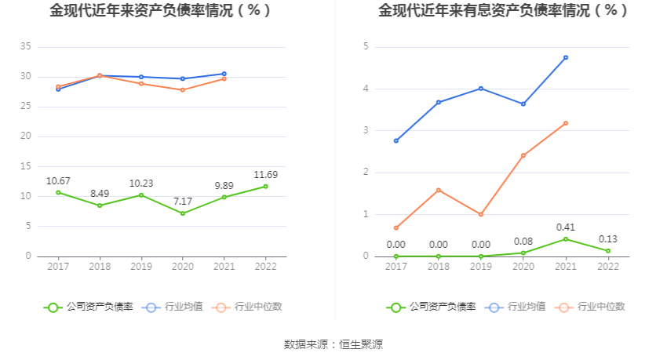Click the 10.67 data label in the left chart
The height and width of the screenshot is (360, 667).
(58, 180)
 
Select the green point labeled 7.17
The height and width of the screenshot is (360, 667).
(183, 213)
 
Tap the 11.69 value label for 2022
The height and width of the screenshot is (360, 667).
(265, 174)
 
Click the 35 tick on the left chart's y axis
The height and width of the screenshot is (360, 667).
(25, 47)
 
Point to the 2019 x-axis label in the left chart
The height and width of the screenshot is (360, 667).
(141, 267)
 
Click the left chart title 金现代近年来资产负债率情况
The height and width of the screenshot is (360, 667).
(160, 11)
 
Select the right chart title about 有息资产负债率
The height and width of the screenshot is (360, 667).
(502, 11)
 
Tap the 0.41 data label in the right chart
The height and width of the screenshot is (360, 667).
(566, 227)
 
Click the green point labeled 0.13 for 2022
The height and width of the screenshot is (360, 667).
(608, 251)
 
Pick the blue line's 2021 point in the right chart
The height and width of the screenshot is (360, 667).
(566, 57)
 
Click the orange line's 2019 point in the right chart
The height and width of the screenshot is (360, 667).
(481, 214)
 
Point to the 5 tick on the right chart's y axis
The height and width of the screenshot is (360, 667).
(366, 47)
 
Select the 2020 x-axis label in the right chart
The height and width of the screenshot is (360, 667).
(523, 267)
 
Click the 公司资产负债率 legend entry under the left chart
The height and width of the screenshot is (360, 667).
(89, 307)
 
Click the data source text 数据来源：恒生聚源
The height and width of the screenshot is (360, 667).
(333, 344)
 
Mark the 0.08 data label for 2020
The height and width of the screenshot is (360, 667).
(523, 242)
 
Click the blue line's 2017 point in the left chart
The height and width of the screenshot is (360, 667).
(58, 89)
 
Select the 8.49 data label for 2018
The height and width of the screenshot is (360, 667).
(100, 194)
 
